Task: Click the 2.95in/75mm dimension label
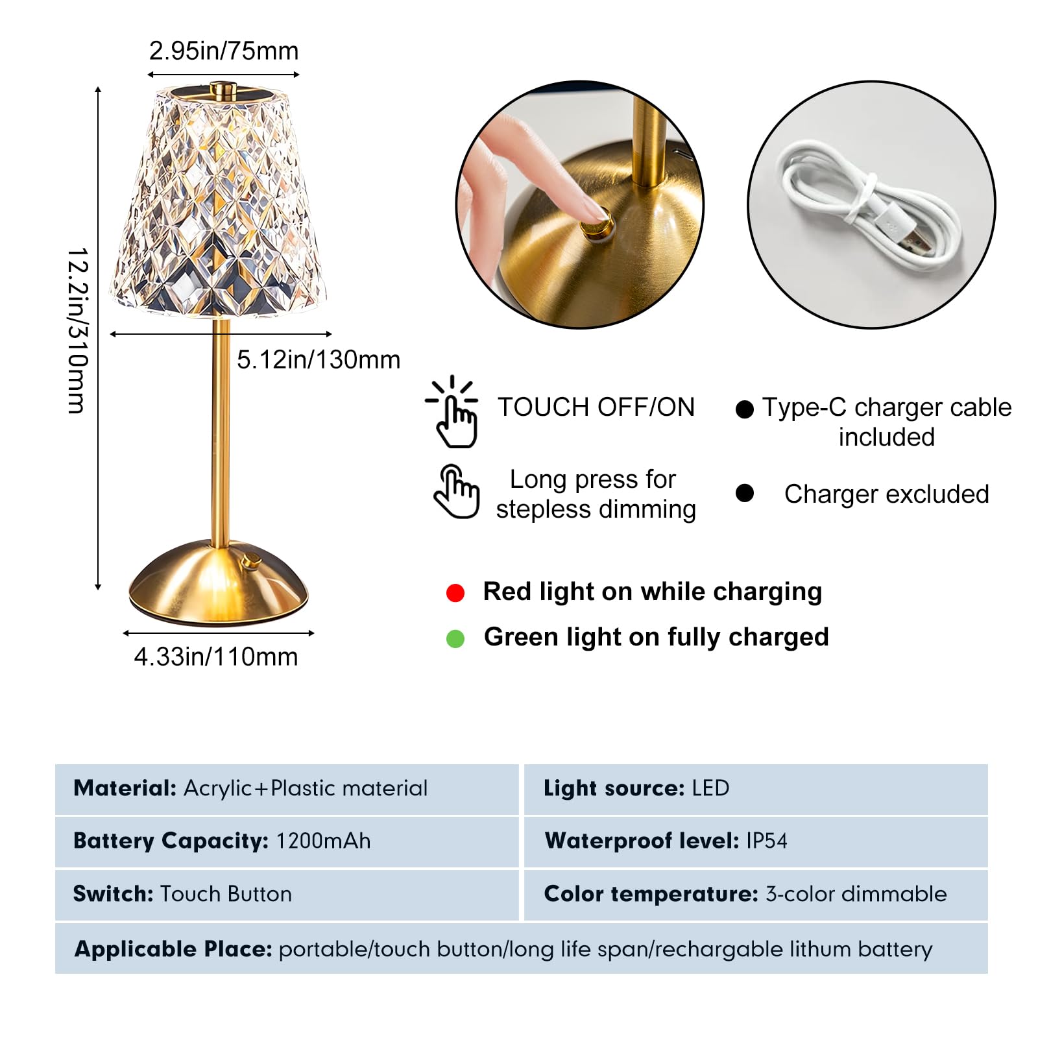pos(224,51)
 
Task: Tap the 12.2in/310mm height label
pos(77,330)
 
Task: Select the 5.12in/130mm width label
pos(318,359)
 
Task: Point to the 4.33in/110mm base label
pos(216,657)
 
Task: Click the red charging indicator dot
pos(455,593)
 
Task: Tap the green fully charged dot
pos(455,639)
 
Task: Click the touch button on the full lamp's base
pos(250,561)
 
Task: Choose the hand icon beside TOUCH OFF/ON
pos(454,412)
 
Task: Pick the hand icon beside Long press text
pos(456,491)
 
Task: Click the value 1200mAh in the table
pos(323,841)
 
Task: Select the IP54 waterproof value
pos(766,841)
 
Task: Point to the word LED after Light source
pos(710,788)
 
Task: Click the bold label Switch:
pos(113,894)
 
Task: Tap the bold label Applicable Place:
pos(173,949)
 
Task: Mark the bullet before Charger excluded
pos(745,493)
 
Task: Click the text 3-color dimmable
pos(856,894)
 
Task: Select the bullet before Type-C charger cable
pos(745,409)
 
